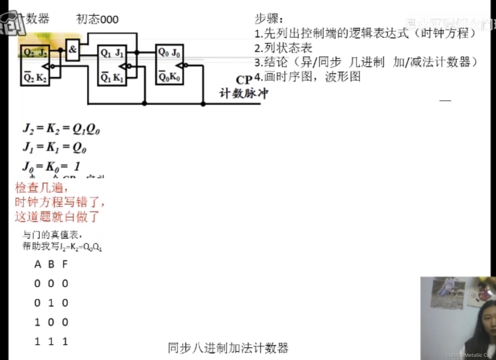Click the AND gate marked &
pos(73,50)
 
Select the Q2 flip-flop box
pos(35,65)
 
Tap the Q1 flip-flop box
pos(112,65)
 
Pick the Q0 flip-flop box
pos(169,65)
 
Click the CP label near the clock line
pos(244,80)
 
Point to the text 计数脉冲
pos(244,93)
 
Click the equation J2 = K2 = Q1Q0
pos(61,129)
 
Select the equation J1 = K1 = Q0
pos(54,147)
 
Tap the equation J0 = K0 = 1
pos(52,166)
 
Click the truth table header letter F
pos(65,264)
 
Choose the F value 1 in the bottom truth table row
pos(65,341)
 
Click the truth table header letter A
pos(37,264)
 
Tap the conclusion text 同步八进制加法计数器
pos(228,348)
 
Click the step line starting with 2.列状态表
pos(283,48)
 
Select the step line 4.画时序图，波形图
pos(307,77)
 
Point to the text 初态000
pos(97,19)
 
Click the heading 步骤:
pos(268,19)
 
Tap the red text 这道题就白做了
pos(57,217)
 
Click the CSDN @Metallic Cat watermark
pos(469,355)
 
